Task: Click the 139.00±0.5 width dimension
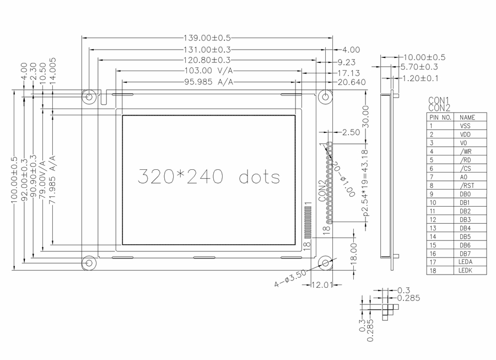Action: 207,38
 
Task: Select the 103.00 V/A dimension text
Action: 209,71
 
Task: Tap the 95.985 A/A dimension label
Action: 209,82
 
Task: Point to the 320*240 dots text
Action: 209,176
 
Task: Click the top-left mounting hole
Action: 89,96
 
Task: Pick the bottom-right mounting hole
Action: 325,263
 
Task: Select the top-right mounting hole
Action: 325,96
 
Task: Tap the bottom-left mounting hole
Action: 89,263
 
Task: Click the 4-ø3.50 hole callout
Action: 290,278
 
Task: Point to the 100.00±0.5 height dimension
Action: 14,180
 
